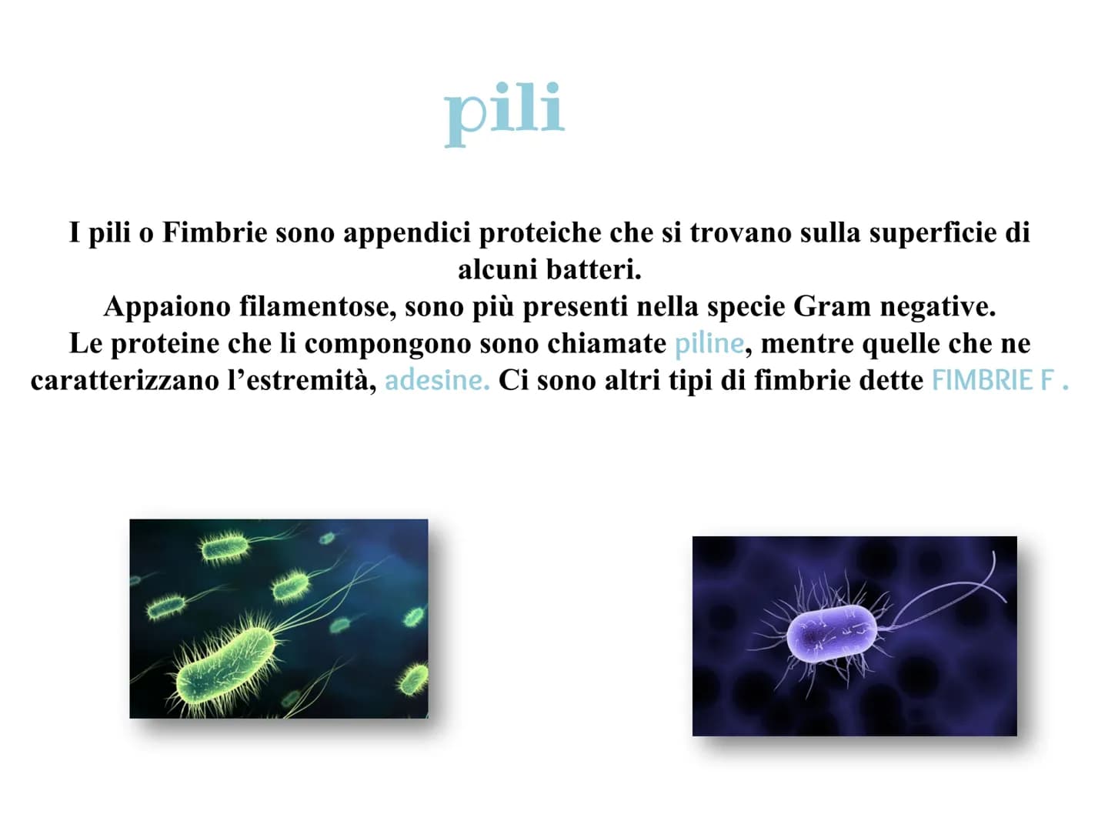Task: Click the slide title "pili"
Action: (504, 114)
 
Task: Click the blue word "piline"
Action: (709, 344)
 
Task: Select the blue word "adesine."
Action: (437, 380)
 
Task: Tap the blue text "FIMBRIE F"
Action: (993, 380)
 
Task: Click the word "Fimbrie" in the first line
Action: (215, 232)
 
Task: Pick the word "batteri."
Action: (594, 269)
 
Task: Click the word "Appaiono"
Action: (167, 307)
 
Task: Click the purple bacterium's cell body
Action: (832, 633)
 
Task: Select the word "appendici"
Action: (407, 232)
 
